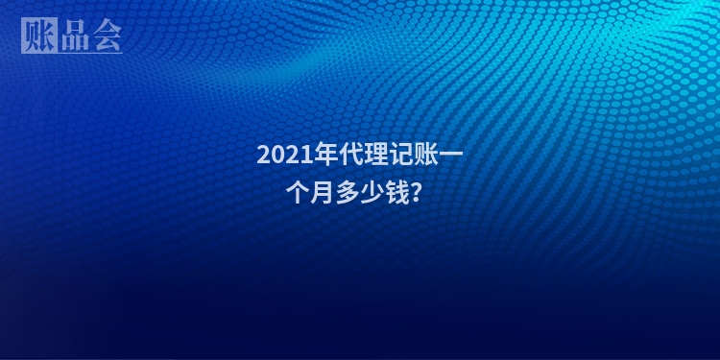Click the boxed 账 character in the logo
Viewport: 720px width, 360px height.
[36, 36]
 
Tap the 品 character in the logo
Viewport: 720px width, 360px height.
[72, 36]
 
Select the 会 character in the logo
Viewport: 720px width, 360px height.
[106, 36]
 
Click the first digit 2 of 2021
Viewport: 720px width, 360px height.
[263, 155]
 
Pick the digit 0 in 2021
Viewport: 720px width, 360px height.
[276, 155]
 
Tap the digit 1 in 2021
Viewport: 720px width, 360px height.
[300, 155]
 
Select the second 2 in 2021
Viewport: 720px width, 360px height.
[288, 155]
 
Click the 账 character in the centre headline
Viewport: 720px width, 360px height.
[416, 155]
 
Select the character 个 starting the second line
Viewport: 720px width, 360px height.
[297, 192]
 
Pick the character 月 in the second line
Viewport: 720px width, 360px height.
[321, 192]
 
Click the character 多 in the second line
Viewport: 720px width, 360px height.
[346, 192]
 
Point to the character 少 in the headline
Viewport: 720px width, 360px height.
[369, 192]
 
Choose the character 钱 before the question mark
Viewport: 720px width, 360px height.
[394, 192]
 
